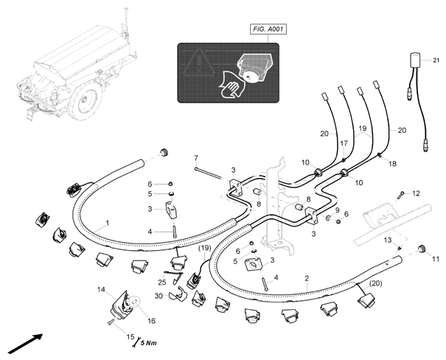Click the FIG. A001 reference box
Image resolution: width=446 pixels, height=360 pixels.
[268, 30]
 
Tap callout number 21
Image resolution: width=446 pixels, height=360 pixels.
[436, 60]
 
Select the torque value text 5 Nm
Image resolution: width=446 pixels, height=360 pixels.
[149, 342]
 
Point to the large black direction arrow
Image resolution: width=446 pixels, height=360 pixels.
[25, 344]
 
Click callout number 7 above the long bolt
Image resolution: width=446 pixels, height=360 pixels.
[196, 157]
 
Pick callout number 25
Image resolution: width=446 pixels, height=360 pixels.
[162, 282]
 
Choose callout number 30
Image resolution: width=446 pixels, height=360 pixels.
[158, 296]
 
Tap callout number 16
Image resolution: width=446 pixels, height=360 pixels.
[152, 321]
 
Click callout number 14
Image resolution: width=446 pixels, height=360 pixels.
[101, 289]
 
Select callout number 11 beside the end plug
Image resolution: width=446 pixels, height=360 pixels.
[436, 259]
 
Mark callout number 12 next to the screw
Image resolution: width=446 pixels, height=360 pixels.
[416, 193]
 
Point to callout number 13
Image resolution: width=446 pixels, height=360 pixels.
[388, 240]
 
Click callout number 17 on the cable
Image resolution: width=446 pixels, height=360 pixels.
[344, 143]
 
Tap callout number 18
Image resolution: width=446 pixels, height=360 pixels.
[392, 164]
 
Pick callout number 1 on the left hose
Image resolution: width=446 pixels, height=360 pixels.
[107, 223]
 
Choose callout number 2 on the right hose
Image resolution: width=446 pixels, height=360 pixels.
[307, 278]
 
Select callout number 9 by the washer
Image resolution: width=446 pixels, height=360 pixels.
[338, 210]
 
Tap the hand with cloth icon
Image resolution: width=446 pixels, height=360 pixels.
[231, 86]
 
